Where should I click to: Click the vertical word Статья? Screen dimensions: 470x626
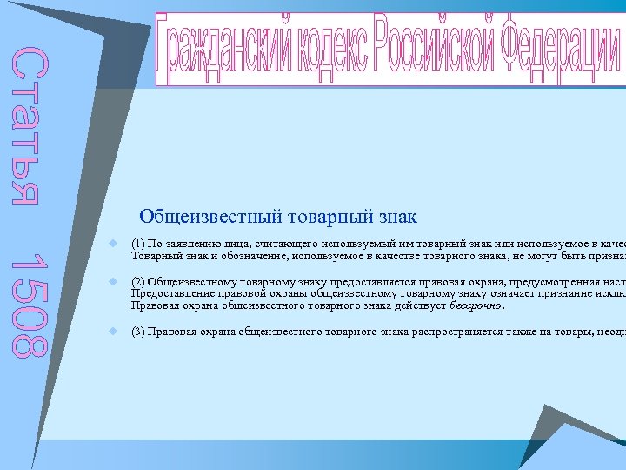[x=26, y=127]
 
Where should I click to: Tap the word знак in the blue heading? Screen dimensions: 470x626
[x=394, y=216]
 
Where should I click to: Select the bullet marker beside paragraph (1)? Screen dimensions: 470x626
[x=114, y=245]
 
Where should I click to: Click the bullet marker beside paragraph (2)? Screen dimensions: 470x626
[x=114, y=282]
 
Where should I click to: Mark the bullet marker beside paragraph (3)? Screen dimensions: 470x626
[x=114, y=332]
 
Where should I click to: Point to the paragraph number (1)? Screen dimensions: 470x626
[x=137, y=244]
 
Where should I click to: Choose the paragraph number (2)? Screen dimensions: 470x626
[x=137, y=282]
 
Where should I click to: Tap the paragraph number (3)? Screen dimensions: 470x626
[x=137, y=332]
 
